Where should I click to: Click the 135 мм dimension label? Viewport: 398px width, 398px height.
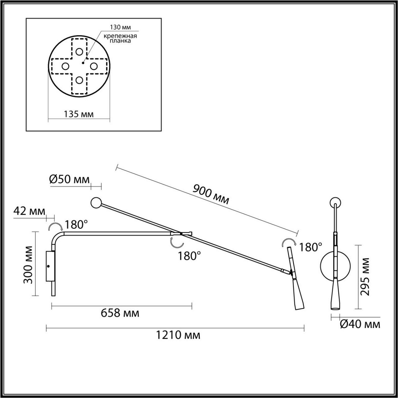(x=78, y=115)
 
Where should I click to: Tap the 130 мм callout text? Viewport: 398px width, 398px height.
(x=120, y=28)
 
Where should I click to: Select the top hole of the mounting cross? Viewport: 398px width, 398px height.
(x=79, y=52)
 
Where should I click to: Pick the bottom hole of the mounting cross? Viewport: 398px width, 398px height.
(x=79, y=80)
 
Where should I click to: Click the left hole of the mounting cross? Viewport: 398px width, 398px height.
(x=65, y=66)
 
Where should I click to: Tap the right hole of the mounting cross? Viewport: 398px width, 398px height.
(x=93, y=66)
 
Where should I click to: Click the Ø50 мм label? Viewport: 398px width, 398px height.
(x=69, y=179)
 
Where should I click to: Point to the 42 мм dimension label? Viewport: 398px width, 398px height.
(x=29, y=211)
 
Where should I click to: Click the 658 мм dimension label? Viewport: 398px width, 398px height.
(x=120, y=312)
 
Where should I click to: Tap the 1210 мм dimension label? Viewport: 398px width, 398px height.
(x=178, y=335)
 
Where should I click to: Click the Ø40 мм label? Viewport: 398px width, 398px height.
(x=360, y=324)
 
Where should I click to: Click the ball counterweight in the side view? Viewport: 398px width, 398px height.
(x=97, y=203)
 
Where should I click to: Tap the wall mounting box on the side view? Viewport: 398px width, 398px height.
(x=50, y=266)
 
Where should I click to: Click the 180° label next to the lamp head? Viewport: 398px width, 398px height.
(x=310, y=247)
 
